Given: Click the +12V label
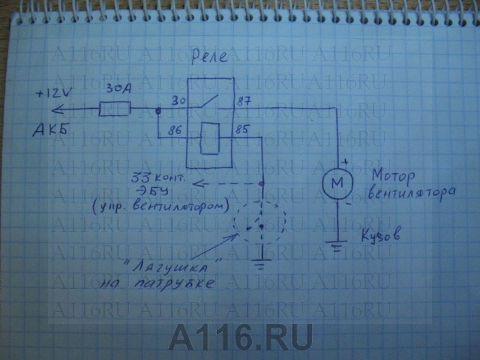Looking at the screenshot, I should click(x=54, y=94).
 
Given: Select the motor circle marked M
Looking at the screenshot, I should click(x=336, y=181).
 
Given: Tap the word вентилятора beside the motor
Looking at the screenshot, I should click(x=412, y=193).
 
